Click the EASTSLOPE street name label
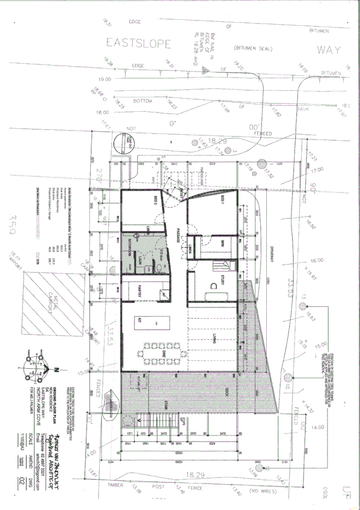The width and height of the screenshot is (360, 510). [139, 43]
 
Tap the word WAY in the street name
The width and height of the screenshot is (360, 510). [329, 49]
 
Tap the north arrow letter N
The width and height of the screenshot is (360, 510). [56, 369]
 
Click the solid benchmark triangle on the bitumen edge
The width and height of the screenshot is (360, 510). [206, 71]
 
